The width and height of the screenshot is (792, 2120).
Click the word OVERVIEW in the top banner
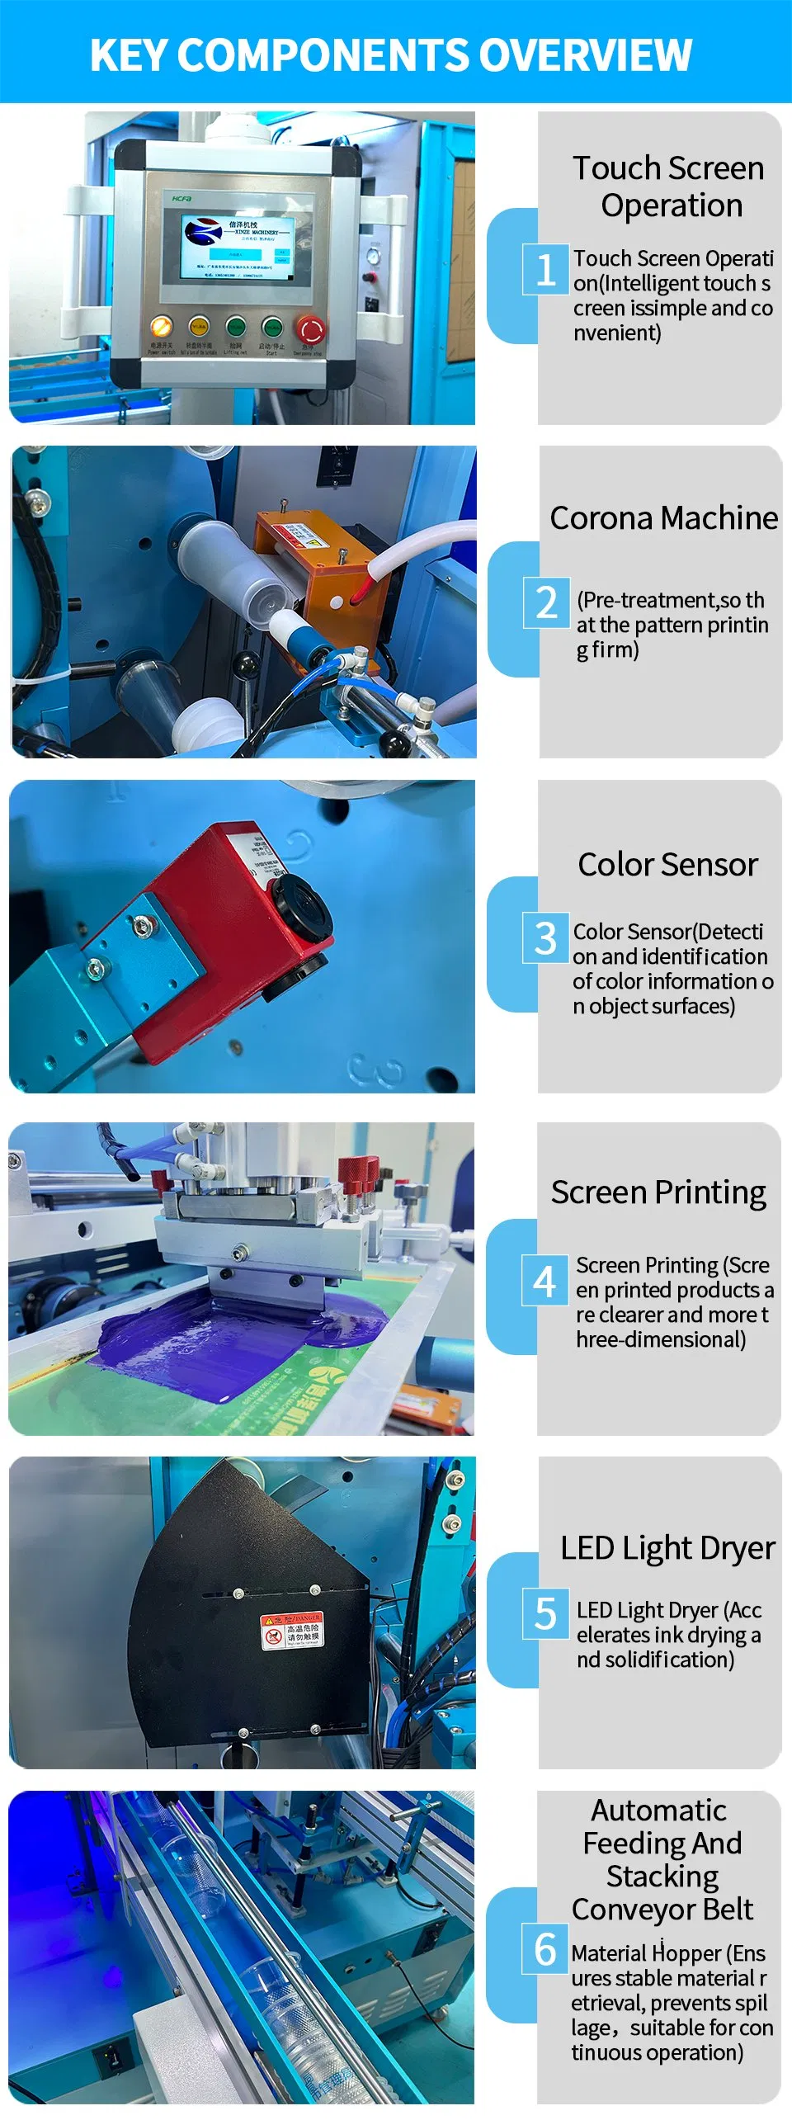pyautogui.click(x=585, y=55)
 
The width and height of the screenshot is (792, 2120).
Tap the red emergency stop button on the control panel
pyautogui.click(x=311, y=329)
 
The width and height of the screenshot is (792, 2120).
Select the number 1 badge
pyautogui.click(x=545, y=269)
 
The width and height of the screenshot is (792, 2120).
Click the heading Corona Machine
pyautogui.click(x=663, y=518)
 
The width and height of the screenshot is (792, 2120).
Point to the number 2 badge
pyautogui.click(x=546, y=602)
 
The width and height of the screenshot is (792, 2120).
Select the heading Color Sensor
pyautogui.click(x=667, y=865)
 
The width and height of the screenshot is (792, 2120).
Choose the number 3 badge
pyautogui.click(x=545, y=937)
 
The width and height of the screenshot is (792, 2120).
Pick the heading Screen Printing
pyautogui.click(x=658, y=1192)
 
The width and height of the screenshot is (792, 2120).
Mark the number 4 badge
pyautogui.click(x=544, y=1281)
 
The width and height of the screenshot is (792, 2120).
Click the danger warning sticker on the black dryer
pyautogui.click(x=292, y=1631)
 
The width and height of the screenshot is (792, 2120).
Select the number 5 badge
pyautogui.click(x=545, y=1613)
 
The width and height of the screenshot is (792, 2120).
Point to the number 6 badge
pyautogui.click(x=544, y=1948)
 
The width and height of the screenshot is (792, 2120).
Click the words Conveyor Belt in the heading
pyautogui.click(x=662, y=1909)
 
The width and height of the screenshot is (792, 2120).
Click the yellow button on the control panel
pyautogui.click(x=199, y=327)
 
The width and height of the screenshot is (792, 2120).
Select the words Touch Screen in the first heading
pyautogui.click(x=668, y=168)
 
